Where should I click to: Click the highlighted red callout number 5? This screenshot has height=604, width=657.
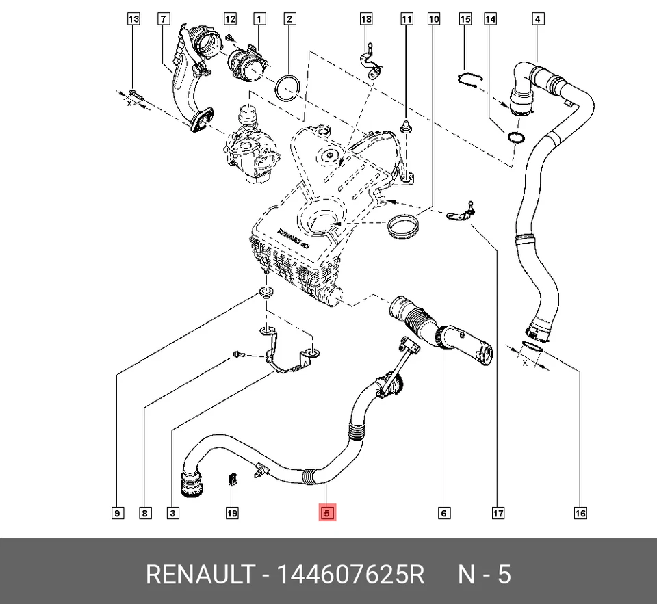[327, 513]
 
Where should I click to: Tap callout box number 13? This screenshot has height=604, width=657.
[133, 19]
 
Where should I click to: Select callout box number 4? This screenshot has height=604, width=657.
[538, 19]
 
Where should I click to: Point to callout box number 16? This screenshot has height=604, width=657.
[580, 513]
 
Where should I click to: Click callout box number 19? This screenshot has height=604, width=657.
[232, 513]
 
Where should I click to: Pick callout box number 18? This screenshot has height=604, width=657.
[366, 19]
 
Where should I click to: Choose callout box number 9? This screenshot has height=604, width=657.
[118, 513]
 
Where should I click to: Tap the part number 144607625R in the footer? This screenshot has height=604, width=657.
[350, 575]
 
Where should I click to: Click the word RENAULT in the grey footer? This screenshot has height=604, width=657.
[201, 575]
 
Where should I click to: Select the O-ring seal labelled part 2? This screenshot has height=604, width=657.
[287, 88]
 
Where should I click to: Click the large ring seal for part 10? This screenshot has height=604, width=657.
[403, 226]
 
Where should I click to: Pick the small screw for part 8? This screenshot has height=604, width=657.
[239, 355]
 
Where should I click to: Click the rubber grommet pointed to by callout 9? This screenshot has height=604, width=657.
[266, 291]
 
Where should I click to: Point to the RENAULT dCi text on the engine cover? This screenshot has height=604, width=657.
[294, 237]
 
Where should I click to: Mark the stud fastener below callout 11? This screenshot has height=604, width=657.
[406, 126]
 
